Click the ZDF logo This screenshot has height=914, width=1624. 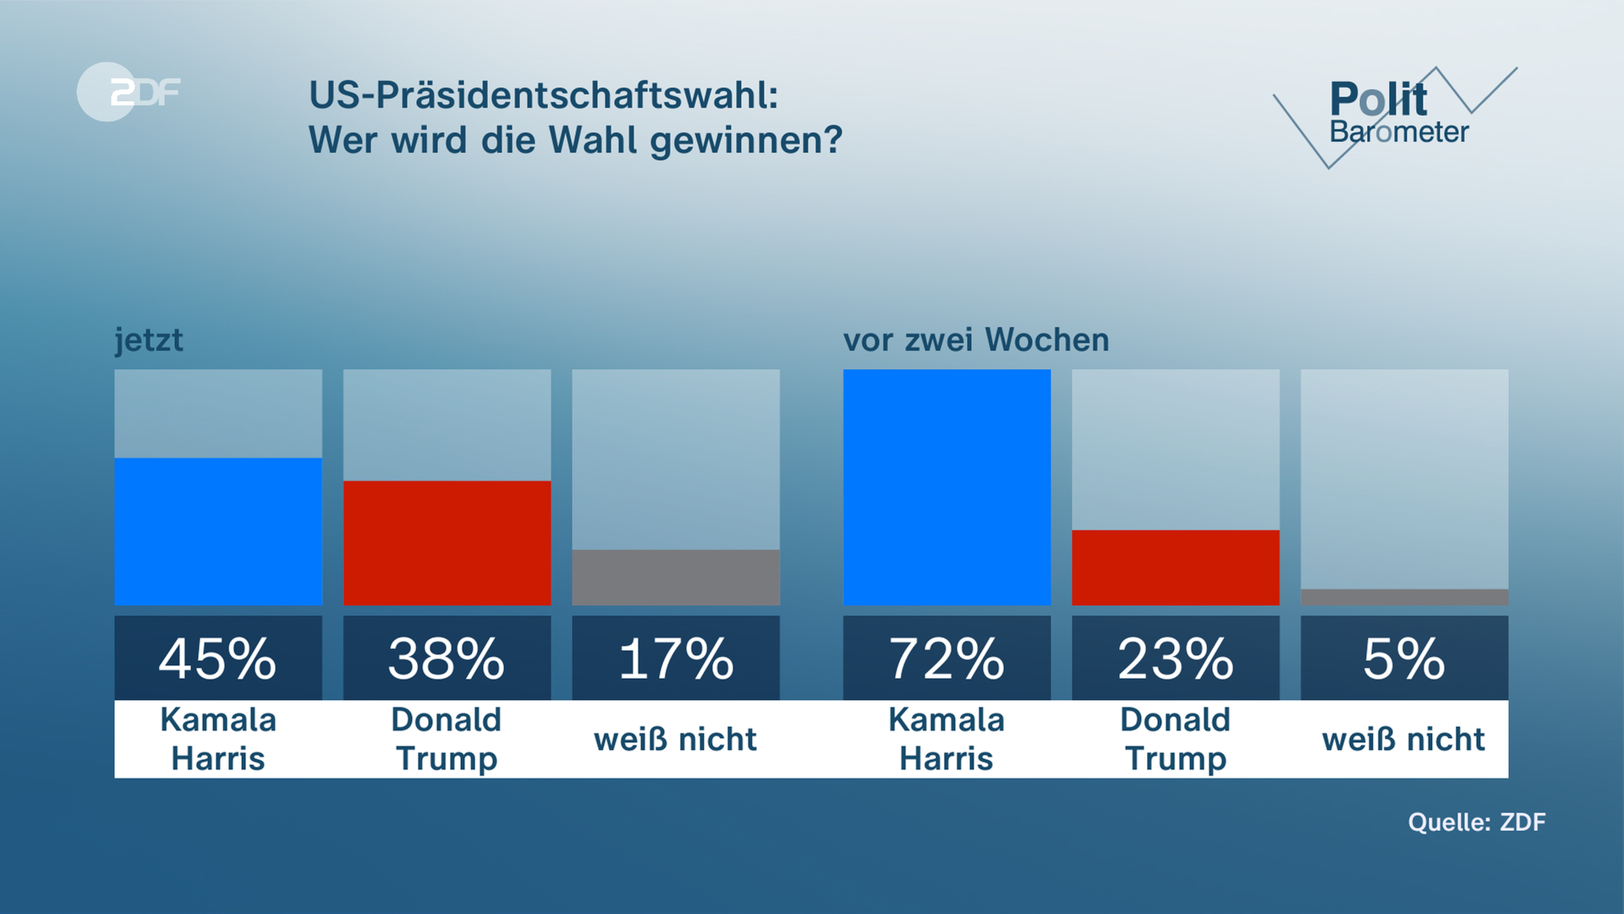129,91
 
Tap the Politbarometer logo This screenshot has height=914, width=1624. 1396,114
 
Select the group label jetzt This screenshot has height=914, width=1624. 149,340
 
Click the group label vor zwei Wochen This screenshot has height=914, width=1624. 976,340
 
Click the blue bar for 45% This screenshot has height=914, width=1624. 218,531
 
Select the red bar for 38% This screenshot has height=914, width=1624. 447,542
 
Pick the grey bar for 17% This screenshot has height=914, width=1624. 676,577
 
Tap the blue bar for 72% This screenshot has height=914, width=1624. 946,487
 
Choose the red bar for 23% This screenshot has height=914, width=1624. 1175,567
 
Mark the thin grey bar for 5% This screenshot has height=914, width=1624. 1404,597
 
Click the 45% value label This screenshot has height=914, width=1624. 218,658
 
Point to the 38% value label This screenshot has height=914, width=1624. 447,658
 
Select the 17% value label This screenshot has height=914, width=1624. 676,658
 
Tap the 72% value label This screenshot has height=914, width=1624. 946,658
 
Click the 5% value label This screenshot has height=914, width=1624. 1404,658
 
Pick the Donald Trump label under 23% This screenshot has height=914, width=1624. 1175,739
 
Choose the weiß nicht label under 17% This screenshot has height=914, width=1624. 676,739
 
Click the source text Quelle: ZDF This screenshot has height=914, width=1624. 1476,822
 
